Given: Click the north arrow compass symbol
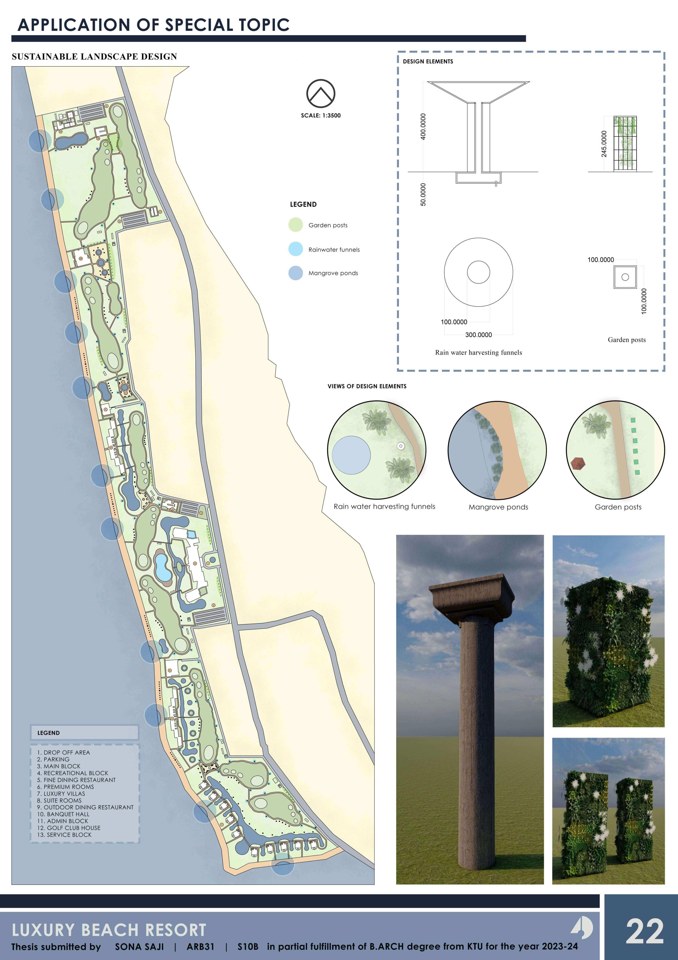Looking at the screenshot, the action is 321,93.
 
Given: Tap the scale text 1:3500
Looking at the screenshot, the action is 321,115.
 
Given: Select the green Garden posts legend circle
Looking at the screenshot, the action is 296,225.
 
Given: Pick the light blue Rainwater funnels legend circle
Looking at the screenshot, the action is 296,249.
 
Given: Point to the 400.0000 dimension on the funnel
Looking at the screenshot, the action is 424,126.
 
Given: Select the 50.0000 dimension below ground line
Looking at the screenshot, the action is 424,194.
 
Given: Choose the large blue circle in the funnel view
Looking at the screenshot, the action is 351,455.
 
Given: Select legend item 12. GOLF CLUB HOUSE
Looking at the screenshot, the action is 69,828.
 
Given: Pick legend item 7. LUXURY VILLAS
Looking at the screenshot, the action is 61,794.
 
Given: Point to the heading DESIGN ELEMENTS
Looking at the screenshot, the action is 428,61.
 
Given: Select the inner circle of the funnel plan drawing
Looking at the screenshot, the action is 478,272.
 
